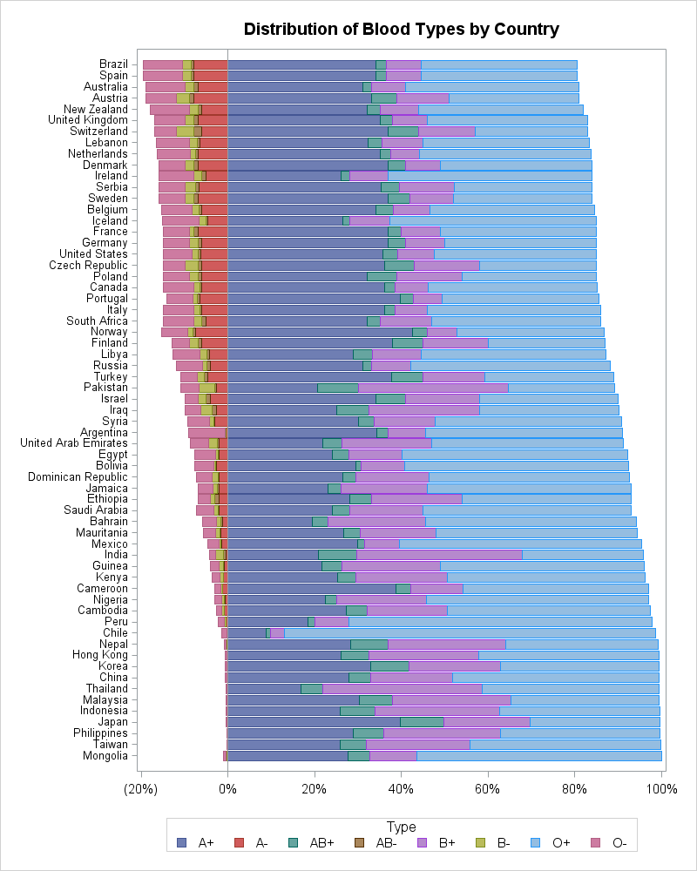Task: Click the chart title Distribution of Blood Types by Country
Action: coord(402,30)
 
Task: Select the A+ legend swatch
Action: coord(182,842)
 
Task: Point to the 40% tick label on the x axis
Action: coord(401,789)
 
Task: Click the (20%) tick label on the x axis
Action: coord(141,789)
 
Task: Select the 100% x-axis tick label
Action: coord(661,789)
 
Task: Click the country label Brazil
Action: coord(113,64)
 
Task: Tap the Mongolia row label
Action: coord(105,755)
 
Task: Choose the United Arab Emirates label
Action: coord(74,443)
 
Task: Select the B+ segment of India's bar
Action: coord(439,554)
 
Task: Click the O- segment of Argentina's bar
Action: coord(206,432)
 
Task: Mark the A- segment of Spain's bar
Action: coord(210,76)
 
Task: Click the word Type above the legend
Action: coord(402,827)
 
